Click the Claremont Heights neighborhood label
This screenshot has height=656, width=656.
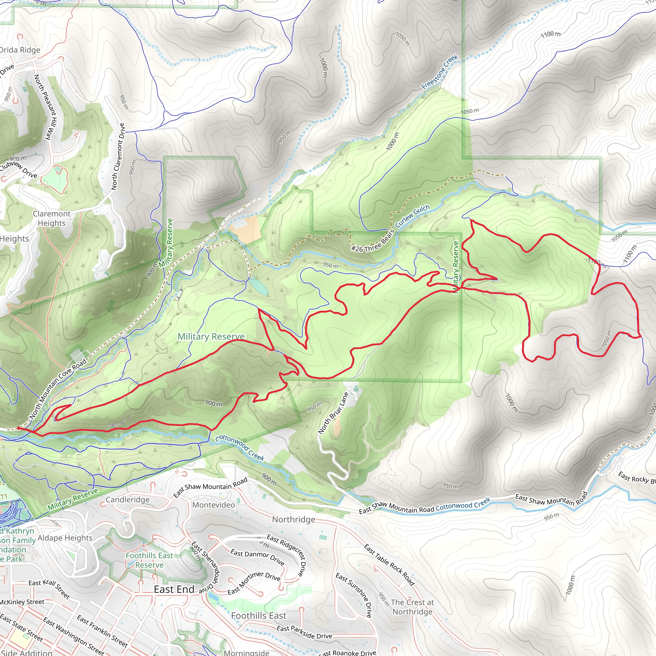[52, 218]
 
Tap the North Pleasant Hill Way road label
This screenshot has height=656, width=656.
[47, 107]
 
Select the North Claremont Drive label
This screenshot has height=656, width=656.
[118, 157]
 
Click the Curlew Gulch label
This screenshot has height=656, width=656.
[412, 216]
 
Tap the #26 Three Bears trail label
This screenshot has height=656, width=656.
[373, 242]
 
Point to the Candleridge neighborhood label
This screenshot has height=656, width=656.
[127, 499]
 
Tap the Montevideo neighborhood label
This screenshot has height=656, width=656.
[214, 505]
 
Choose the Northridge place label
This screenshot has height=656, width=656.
[294, 520]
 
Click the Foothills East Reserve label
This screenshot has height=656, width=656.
[149, 560]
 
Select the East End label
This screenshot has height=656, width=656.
[174, 589]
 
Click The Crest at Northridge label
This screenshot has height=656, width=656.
[412, 607]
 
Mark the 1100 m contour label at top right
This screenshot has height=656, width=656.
[550, 34]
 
